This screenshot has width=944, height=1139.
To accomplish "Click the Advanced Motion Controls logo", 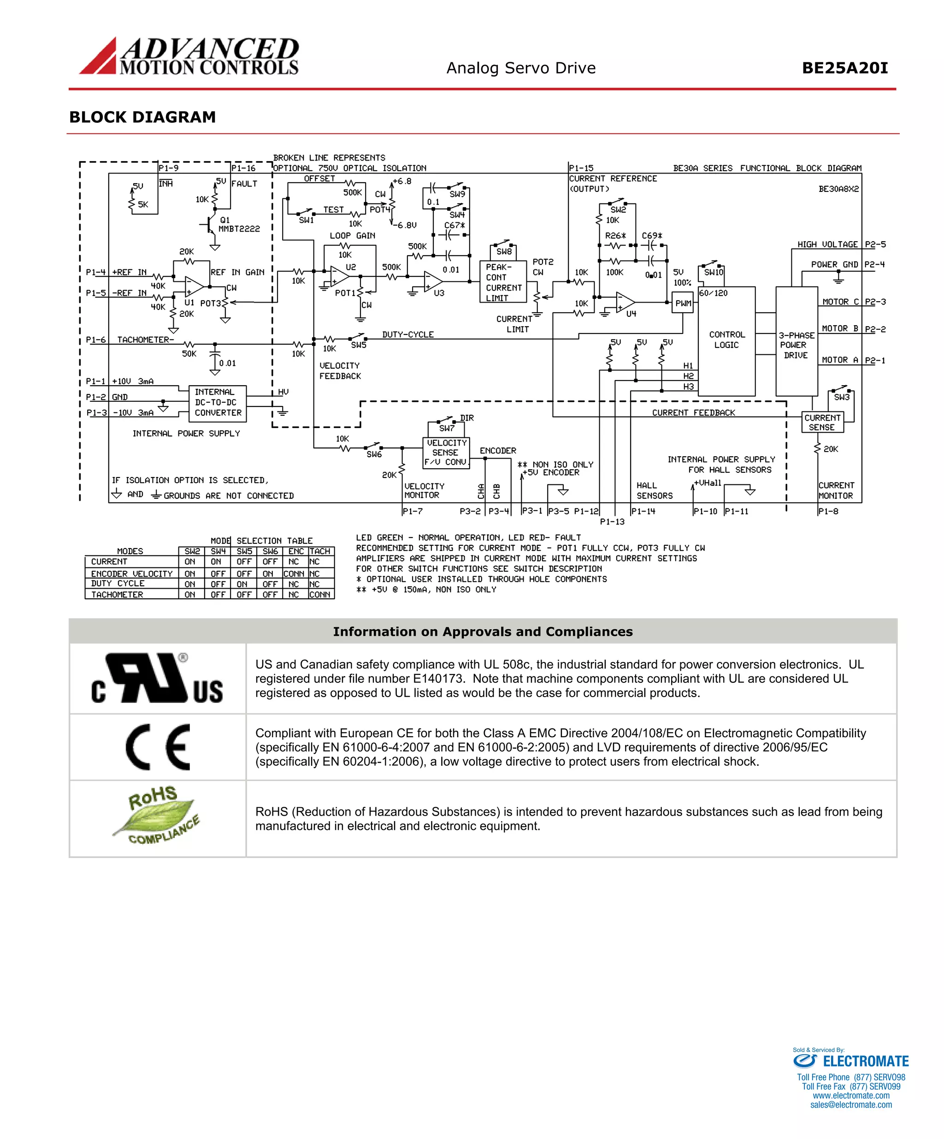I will tap(189, 56).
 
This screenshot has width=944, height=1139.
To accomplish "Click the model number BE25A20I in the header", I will tap(844, 68).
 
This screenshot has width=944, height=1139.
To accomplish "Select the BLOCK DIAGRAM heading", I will tap(142, 117).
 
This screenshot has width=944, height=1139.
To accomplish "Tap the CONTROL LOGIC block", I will tap(726, 340).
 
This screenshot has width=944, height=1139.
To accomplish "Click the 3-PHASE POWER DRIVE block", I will tap(796, 345).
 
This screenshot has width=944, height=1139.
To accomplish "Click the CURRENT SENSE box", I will tap(822, 423).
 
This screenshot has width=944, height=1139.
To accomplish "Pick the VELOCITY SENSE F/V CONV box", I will tap(446, 453).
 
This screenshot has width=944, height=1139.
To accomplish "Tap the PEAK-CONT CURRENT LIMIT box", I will tap(503, 282).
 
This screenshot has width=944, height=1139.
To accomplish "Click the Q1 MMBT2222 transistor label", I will tap(238, 225).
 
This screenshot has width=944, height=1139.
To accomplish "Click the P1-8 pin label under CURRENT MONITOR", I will tap(828, 511).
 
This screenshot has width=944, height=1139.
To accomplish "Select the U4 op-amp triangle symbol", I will tap(625, 303).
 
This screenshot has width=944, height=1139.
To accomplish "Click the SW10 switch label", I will tap(713, 272).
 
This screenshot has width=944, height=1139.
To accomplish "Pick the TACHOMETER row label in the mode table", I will tap(117, 595).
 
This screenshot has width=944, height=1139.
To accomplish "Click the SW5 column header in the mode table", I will tap(244, 551).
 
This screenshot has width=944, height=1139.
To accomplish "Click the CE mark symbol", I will tap(158, 747).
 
